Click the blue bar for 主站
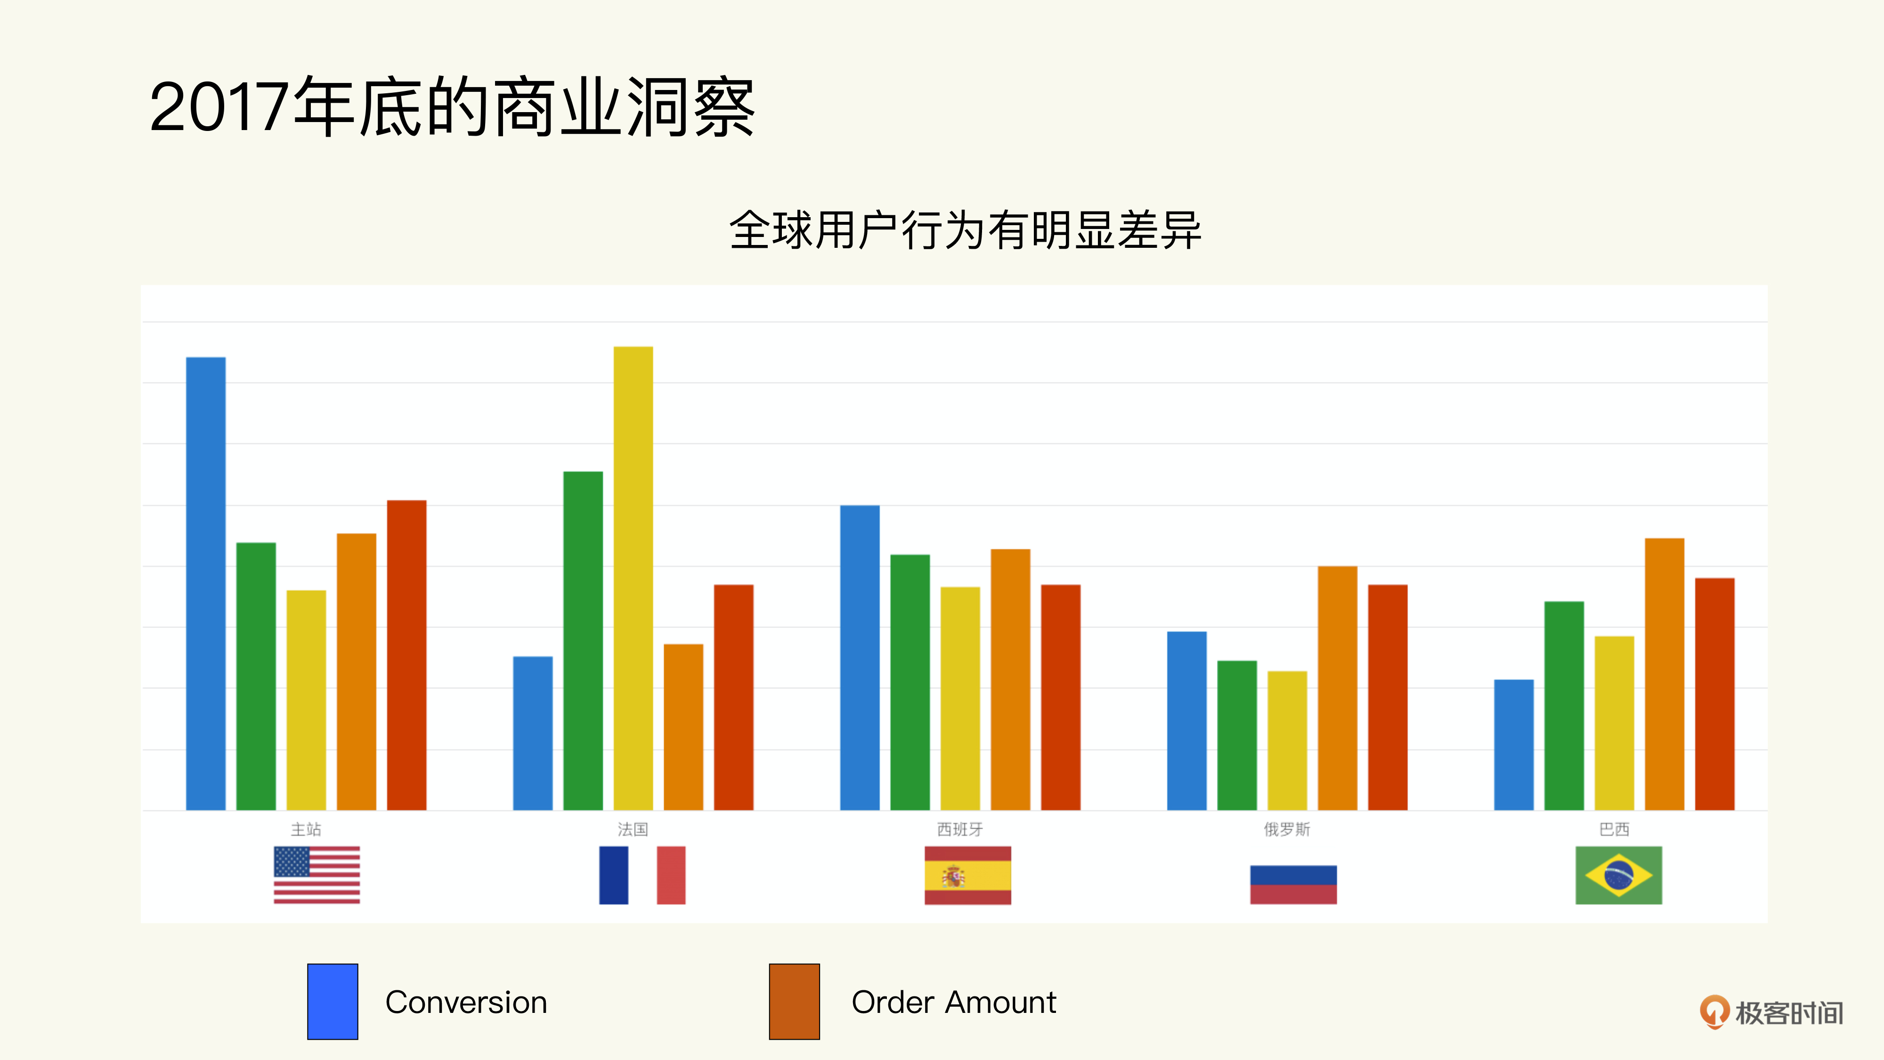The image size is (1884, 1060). [205, 583]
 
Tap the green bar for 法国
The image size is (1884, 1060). [583, 640]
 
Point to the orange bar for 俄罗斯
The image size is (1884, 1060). [1338, 688]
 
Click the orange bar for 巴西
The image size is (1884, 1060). [1665, 674]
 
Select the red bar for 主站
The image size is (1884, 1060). [406, 655]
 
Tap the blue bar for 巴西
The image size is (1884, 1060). [1514, 745]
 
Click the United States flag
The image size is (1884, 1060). [317, 875]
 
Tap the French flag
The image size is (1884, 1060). [642, 875]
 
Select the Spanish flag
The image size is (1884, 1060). [967, 875]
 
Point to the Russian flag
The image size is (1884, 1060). [1293, 884]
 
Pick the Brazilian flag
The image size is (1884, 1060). [1618, 875]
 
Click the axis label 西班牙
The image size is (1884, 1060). [960, 829]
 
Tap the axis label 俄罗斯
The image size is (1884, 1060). [1287, 829]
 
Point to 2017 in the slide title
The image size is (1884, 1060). [218, 107]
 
